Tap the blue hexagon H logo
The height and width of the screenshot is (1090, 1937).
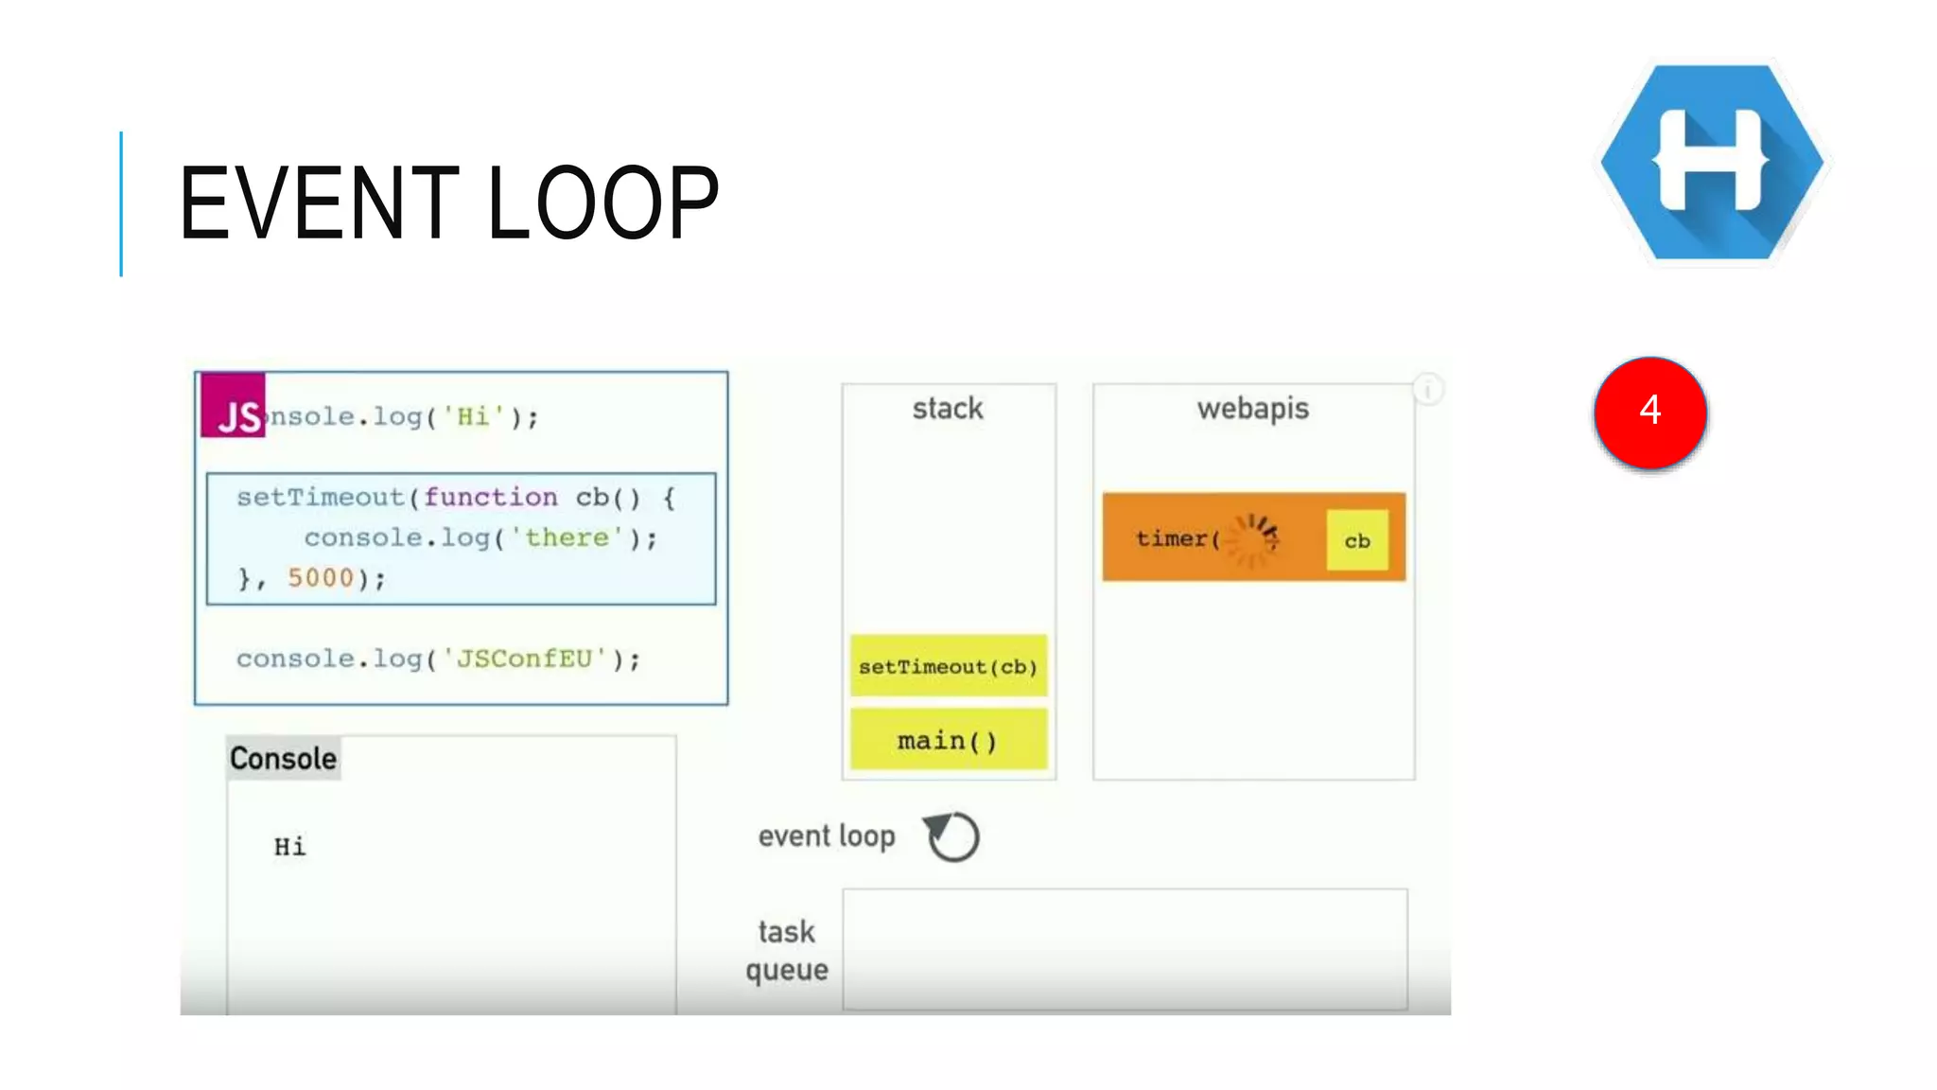click(1712, 162)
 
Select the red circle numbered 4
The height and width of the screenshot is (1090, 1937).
click(1650, 412)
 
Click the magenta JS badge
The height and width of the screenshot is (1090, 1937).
click(234, 406)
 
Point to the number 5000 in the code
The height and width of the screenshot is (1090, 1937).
click(320, 577)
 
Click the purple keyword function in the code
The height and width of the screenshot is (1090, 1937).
click(490, 497)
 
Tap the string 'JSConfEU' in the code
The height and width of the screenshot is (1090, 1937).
click(524, 659)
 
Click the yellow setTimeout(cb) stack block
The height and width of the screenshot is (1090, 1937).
click(949, 666)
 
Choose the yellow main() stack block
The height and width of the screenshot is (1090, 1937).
click(949, 740)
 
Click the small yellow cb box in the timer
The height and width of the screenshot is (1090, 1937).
click(1357, 540)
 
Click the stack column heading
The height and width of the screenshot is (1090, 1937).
click(948, 409)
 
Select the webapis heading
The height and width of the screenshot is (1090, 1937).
click(1253, 409)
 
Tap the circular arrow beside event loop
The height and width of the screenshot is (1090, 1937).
click(952, 836)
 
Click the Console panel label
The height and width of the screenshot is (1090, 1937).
click(283, 759)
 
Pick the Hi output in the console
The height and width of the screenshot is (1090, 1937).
click(289, 847)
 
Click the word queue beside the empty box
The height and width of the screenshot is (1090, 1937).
click(787, 970)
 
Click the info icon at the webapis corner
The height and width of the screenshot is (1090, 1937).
click(1427, 389)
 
